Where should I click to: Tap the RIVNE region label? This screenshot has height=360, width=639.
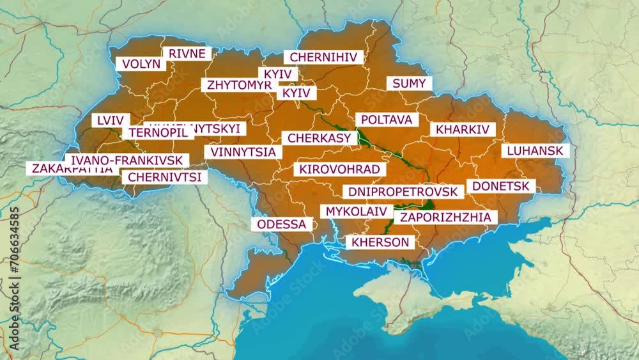[x=187, y=54]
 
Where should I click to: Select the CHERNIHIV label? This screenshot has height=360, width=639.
[x=323, y=58]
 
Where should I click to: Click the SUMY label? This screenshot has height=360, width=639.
[x=409, y=84]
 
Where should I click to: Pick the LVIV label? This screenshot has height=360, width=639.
[x=111, y=120]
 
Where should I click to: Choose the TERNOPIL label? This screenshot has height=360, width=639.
[x=157, y=133]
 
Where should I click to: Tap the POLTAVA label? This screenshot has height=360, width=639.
[x=386, y=120]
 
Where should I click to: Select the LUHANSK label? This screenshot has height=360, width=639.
[x=535, y=151]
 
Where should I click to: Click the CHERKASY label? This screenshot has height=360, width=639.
[x=319, y=138]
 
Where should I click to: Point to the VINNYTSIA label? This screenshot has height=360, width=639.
[x=243, y=152]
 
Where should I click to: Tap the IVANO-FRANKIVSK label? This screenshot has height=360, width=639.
[x=127, y=160]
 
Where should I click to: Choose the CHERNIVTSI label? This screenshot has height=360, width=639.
[x=164, y=177]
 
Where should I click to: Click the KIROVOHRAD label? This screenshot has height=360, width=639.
[x=340, y=169]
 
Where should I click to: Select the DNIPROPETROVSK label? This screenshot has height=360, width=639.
[x=403, y=192]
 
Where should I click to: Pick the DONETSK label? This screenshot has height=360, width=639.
[x=501, y=186]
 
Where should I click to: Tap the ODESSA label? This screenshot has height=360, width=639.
[x=282, y=224]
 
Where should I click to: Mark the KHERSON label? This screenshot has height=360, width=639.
[x=380, y=242]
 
